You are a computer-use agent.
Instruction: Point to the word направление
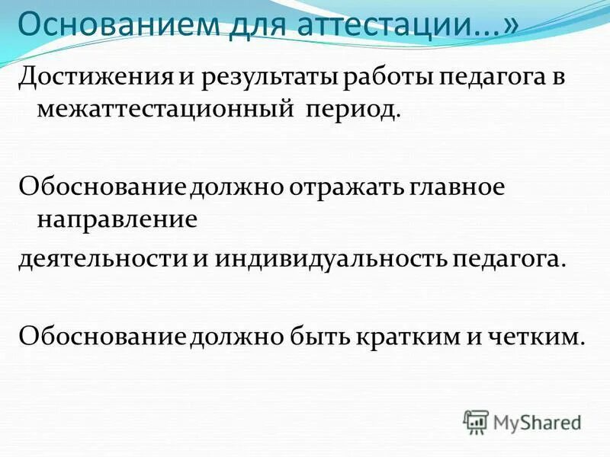point(117,219)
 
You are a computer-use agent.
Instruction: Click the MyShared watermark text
point(538,421)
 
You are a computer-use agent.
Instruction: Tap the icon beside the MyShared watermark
point(476,421)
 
